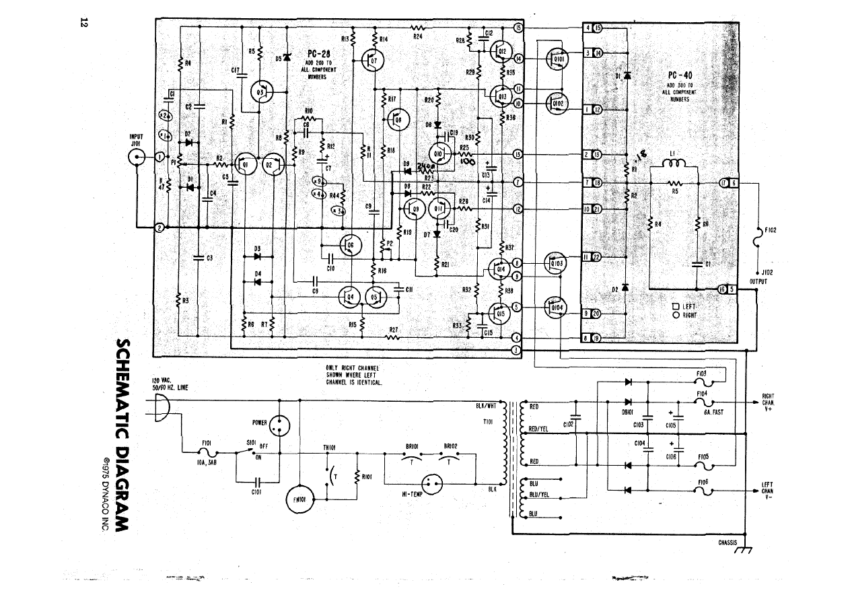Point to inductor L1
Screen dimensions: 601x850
[x=676, y=162]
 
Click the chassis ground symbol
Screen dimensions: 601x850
[x=745, y=550]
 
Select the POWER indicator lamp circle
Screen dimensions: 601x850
[x=279, y=424]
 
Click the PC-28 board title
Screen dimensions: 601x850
[x=317, y=55]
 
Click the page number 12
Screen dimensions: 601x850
[x=84, y=22]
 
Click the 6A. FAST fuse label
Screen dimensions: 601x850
[x=713, y=412]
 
